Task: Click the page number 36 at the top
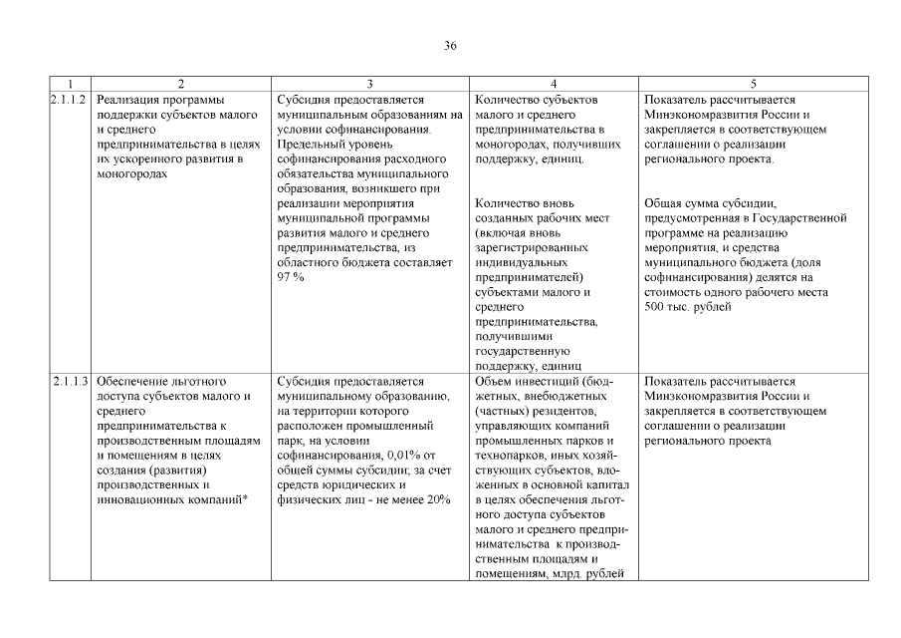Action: pyautogui.click(x=450, y=47)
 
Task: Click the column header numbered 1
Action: pyautogui.click(x=70, y=85)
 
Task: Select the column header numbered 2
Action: pyautogui.click(x=180, y=85)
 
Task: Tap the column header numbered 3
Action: pyautogui.click(x=369, y=85)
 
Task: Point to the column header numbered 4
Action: pyautogui.click(x=553, y=85)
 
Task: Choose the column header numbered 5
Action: pyautogui.click(x=753, y=85)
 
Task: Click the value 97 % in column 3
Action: pyautogui.click(x=291, y=277)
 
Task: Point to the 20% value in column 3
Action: pyautogui.click(x=437, y=499)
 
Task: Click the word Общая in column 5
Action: pyautogui.click(x=664, y=203)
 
